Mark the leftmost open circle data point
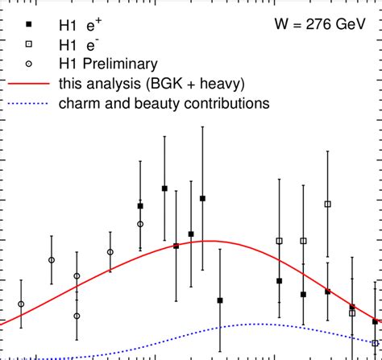[21, 304]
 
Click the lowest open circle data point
[77, 316]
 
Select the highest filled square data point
[164, 188]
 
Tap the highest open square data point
[327, 205]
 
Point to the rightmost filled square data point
[376, 321]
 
